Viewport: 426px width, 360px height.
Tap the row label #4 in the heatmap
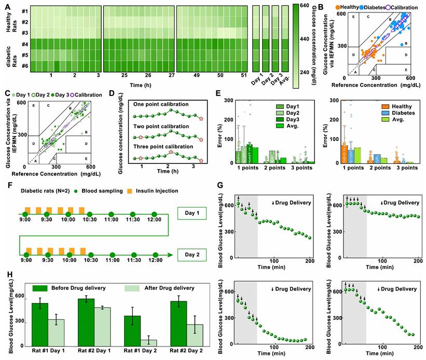[x=24, y=44]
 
